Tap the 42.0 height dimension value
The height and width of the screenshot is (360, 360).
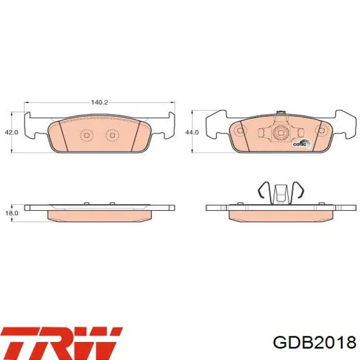click(x=11, y=132)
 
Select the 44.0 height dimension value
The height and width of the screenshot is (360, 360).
click(x=192, y=132)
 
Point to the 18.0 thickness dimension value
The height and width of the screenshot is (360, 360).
click(x=11, y=212)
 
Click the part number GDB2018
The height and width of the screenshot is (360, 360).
click(x=315, y=343)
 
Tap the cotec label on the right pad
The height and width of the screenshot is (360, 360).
click(x=300, y=144)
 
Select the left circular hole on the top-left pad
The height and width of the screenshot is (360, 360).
click(x=86, y=135)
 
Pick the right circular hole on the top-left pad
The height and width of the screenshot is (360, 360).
click(x=112, y=135)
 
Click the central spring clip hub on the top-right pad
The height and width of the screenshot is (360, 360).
click(x=281, y=135)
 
